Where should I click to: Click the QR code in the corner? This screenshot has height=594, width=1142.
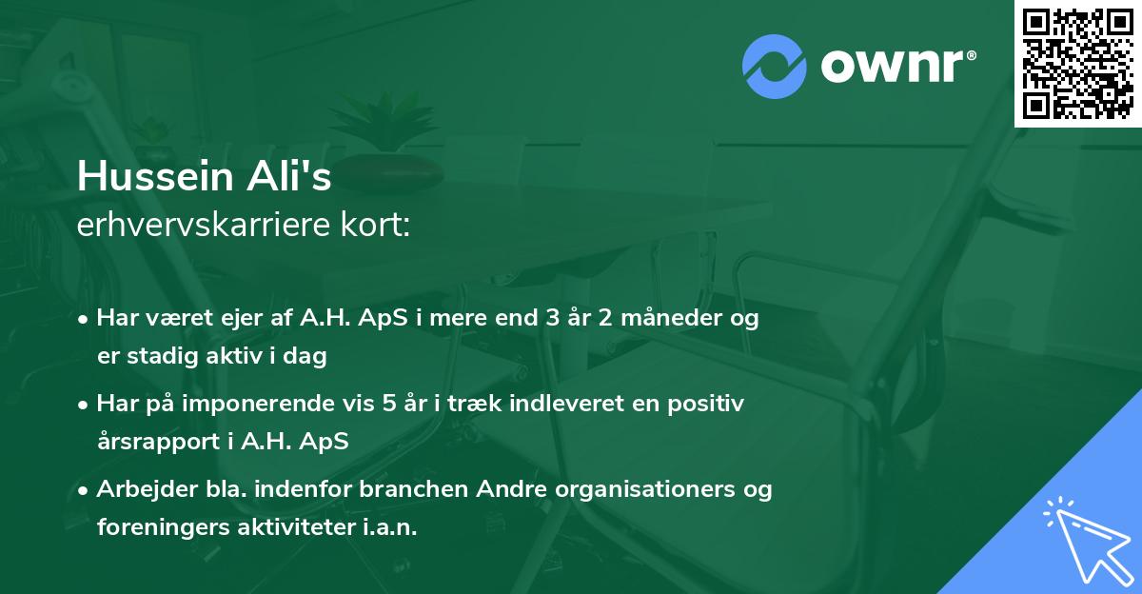pos(1077,64)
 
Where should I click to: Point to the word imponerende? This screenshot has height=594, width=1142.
pos(277,404)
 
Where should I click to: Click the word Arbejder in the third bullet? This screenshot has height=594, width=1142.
pos(138,489)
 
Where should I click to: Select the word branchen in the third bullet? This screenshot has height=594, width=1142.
pos(408,489)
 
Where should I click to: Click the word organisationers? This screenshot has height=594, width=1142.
pos(629,489)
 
